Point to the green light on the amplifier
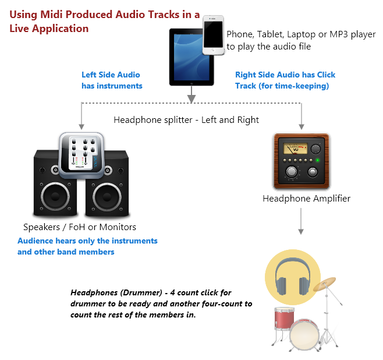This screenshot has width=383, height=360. (318, 159)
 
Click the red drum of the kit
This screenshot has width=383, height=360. (283, 319)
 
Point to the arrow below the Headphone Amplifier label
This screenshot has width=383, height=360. (301, 221)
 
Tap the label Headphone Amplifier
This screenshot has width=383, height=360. (306, 198)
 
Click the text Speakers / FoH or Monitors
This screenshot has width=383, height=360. (80, 227)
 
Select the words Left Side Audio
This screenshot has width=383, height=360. (111, 75)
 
